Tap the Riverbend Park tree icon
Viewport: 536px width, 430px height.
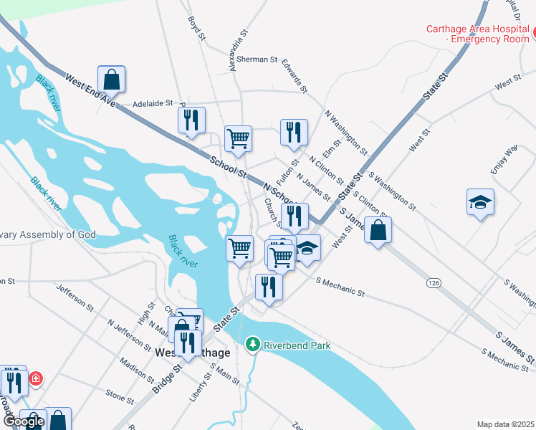point(252,345)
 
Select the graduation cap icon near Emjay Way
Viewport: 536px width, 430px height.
point(480,202)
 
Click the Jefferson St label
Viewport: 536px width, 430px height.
point(75,295)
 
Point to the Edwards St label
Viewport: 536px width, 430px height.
point(295,76)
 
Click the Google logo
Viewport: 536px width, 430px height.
point(24,422)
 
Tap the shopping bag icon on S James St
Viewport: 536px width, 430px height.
point(378,230)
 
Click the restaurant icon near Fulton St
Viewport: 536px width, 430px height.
point(294,133)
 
